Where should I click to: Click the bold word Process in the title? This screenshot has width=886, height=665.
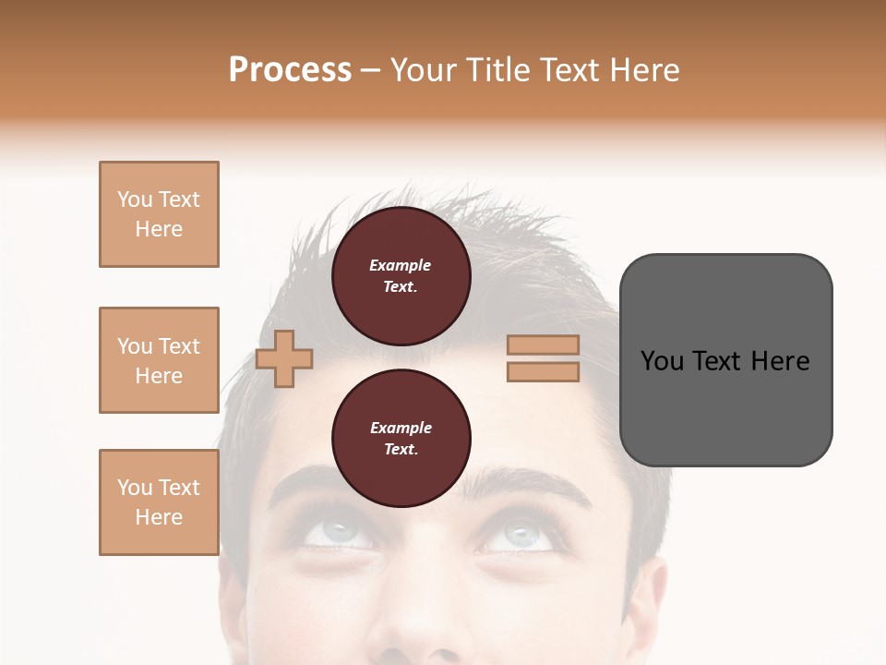[x=290, y=70]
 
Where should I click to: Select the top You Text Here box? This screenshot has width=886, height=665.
[x=159, y=214]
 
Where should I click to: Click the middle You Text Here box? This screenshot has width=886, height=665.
[x=159, y=360]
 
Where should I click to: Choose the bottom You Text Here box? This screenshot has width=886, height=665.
[x=159, y=502]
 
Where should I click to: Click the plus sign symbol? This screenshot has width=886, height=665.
[x=284, y=358]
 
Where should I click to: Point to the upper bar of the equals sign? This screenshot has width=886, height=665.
[x=543, y=345]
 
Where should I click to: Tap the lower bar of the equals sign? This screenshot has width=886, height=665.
[x=543, y=371]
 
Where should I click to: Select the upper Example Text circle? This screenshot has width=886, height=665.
[x=401, y=276]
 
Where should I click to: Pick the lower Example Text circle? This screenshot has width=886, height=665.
[x=401, y=439]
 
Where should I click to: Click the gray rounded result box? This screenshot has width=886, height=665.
[x=725, y=360]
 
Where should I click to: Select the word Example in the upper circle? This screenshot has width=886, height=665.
[x=401, y=265]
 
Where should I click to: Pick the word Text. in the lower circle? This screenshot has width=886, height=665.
[x=401, y=450]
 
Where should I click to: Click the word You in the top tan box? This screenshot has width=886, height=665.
[x=135, y=199]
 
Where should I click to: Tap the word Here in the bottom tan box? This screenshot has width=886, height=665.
[x=159, y=517]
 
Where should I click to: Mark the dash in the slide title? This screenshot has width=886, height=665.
[x=371, y=71]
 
